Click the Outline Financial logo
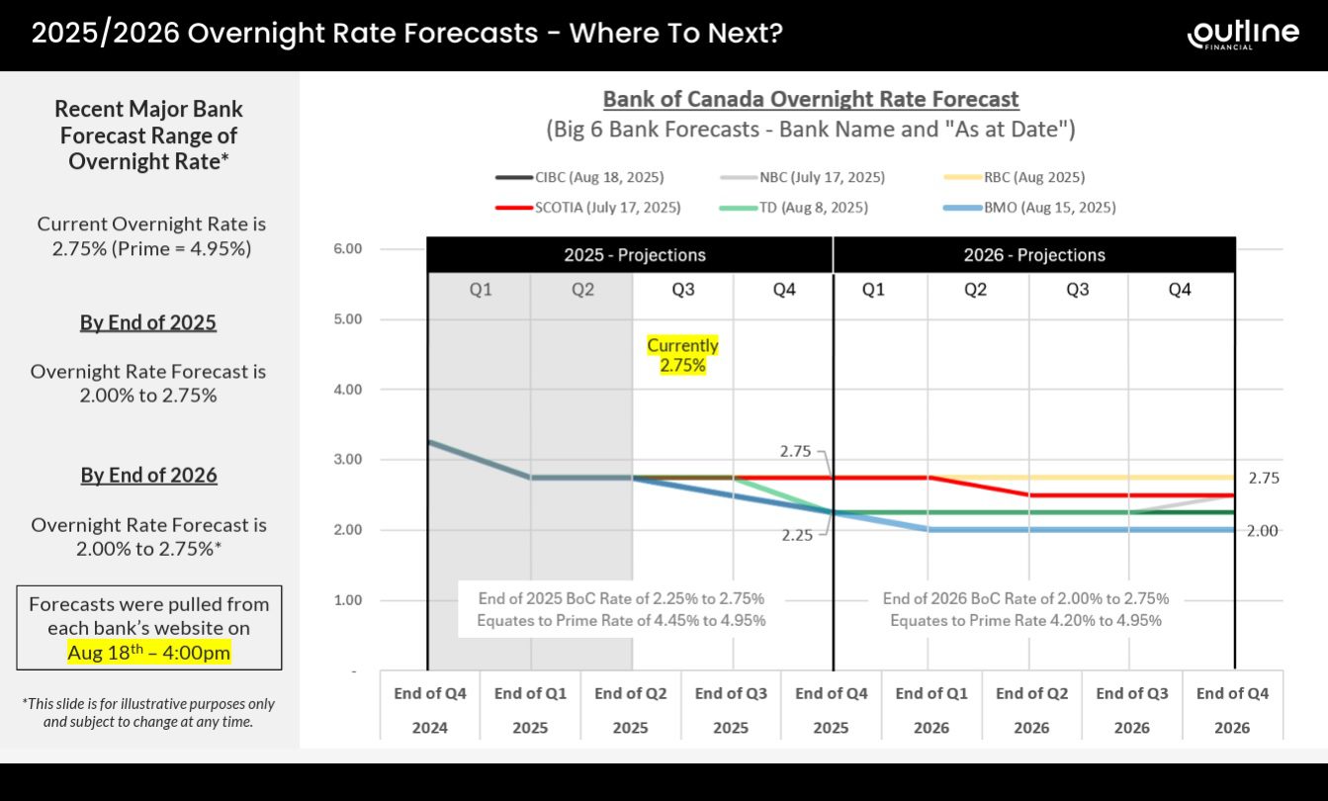1243,34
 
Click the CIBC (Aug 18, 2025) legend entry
579,178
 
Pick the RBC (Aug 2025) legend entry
1016,178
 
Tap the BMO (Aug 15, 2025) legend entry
1030,208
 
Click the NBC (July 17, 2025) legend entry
803,178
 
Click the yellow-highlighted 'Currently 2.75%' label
682,356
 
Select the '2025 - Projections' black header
635,255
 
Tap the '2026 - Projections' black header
1034,255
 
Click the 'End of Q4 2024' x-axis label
430,710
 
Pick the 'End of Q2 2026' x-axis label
1031,710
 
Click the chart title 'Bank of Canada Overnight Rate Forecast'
810,99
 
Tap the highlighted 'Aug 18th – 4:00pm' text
148,653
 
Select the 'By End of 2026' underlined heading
148,475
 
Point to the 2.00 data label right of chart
1262,531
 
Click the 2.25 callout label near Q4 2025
796,535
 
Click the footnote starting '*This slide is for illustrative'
148,712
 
